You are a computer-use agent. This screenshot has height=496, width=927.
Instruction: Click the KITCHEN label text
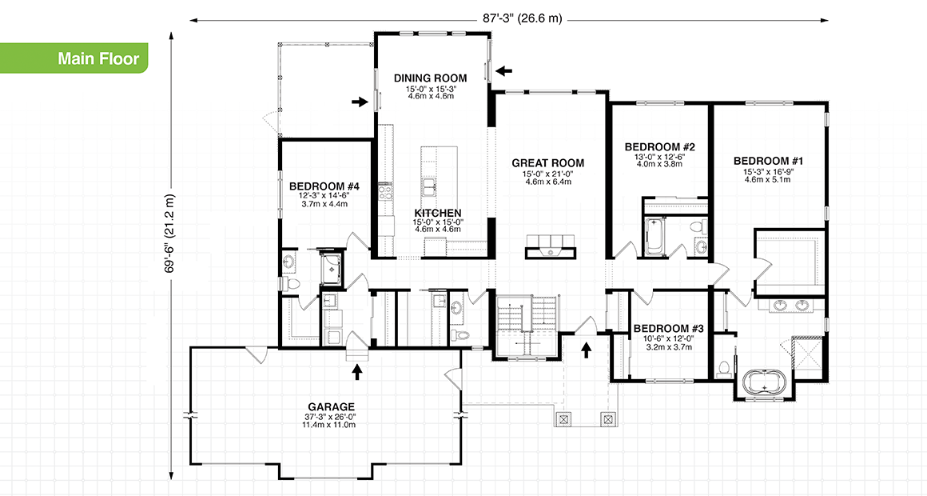click(x=438, y=212)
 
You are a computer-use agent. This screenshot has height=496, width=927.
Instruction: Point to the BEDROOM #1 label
click(x=768, y=161)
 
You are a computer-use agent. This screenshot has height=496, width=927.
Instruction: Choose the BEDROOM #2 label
click(x=659, y=147)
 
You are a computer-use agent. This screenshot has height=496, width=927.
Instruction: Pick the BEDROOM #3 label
click(x=668, y=328)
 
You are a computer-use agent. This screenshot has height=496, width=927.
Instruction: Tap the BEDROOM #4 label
click(x=324, y=186)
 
